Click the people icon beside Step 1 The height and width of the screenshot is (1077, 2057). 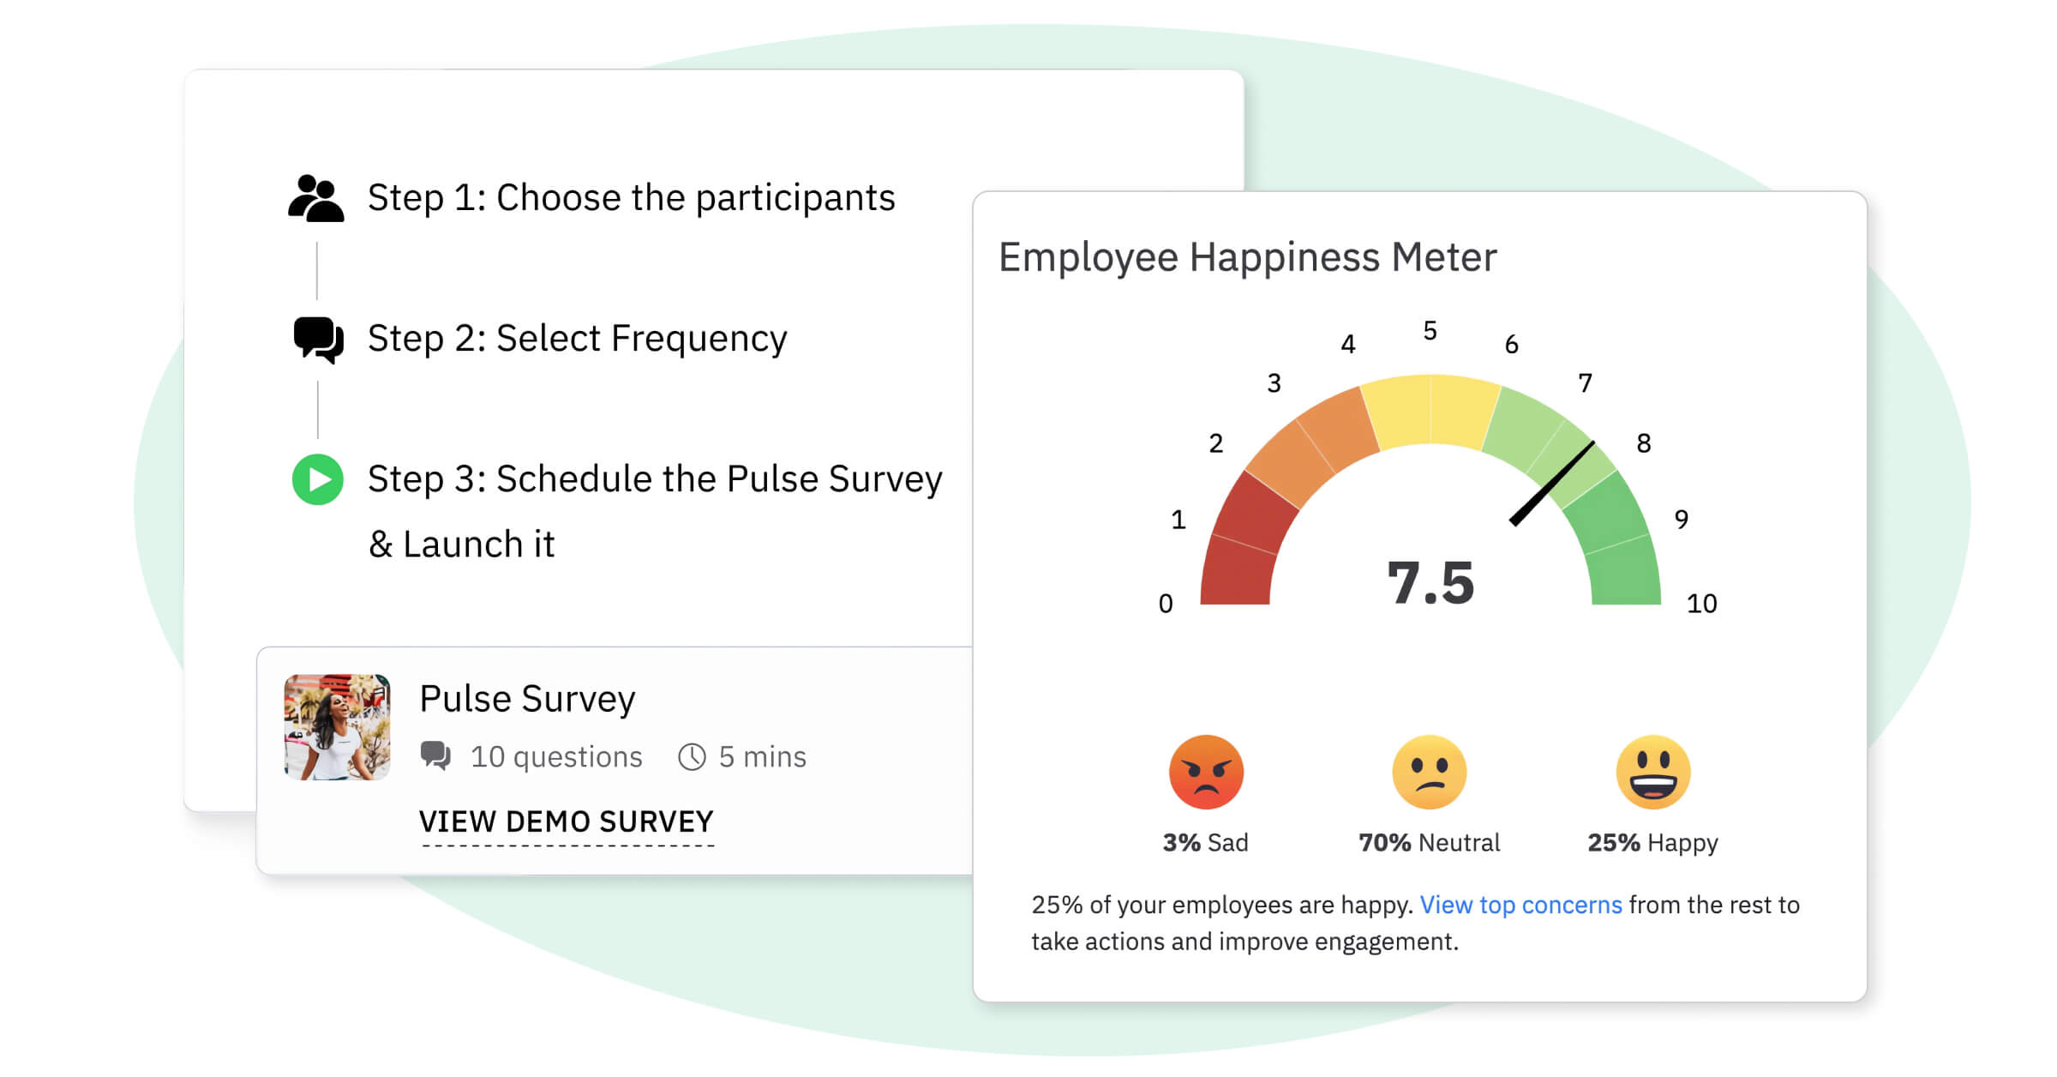click(x=316, y=199)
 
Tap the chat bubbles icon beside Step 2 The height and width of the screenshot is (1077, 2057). click(x=318, y=340)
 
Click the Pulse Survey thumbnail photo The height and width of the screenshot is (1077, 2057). click(x=337, y=727)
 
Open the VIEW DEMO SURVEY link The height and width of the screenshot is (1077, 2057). click(x=566, y=822)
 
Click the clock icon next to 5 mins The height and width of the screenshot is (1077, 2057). click(x=692, y=757)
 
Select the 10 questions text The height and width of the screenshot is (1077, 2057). click(x=556, y=757)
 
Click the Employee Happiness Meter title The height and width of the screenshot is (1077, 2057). click(x=1247, y=257)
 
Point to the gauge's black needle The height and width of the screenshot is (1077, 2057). click(x=1552, y=484)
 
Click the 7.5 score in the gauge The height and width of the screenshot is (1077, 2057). click(x=1430, y=583)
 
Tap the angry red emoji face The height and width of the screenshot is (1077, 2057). click(x=1206, y=772)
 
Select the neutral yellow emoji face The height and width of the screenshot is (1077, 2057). click(x=1429, y=772)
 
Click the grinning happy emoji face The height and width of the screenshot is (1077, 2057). click(x=1652, y=772)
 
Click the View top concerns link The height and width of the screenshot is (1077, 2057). click(x=1520, y=905)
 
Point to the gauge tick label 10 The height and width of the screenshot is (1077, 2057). click(x=1701, y=604)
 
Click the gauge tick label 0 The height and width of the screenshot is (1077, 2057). click(x=1166, y=604)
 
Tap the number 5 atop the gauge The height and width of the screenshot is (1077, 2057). click(x=1430, y=331)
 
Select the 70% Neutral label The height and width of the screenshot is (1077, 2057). click(x=1429, y=843)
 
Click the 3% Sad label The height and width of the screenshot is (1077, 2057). click(x=1205, y=843)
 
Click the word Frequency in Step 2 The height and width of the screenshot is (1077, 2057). click(x=699, y=340)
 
